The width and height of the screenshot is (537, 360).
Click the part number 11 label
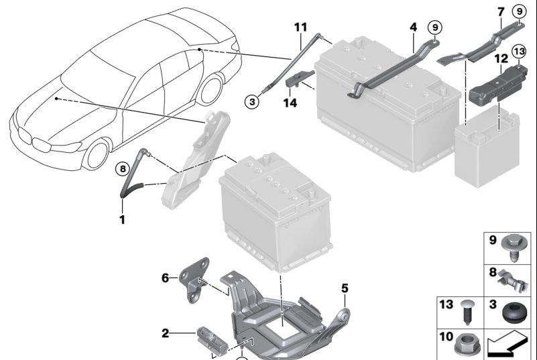pos(300,27)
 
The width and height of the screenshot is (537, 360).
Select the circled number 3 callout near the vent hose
pos(251,102)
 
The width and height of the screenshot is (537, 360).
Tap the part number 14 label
pos(289,103)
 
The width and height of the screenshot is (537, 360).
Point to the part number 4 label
pos(414,27)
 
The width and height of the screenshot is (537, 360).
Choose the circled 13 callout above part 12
pos(520,51)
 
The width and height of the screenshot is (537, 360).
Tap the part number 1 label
pos(123,219)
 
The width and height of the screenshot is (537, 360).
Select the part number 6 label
pos(166,276)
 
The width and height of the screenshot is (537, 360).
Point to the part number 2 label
pos(166,333)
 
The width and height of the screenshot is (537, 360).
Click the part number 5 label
pos(345,289)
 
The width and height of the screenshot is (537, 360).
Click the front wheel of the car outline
pos(95,153)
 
